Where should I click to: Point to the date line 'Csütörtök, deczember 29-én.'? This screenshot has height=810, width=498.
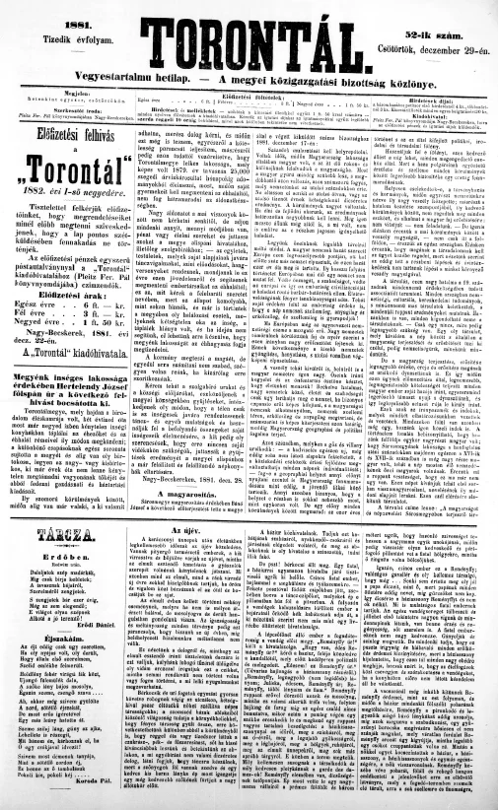[435, 30]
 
